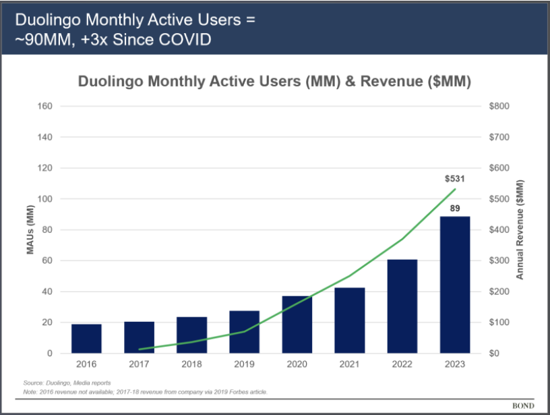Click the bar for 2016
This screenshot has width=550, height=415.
click(86, 339)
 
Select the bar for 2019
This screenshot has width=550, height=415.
click(244, 332)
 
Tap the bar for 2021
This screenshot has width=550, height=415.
click(350, 321)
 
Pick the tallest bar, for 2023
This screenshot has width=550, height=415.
click(455, 285)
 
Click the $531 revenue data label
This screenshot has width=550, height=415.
click(455, 179)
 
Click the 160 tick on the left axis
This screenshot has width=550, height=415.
click(45, 107)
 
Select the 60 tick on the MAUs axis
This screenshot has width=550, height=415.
click(47, 261)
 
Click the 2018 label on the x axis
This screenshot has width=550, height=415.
click(191, 364)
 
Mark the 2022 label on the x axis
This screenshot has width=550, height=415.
click(402, 364)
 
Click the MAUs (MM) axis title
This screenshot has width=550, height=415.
click(30, 230)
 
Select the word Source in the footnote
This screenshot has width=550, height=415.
click(33, 383)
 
